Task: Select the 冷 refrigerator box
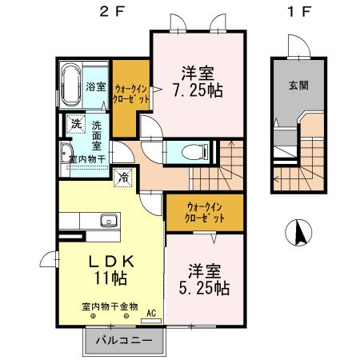[124, 178]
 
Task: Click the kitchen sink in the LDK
[106, 222]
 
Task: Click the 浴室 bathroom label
[95, 86]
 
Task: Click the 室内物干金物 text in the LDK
[110, 306]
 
